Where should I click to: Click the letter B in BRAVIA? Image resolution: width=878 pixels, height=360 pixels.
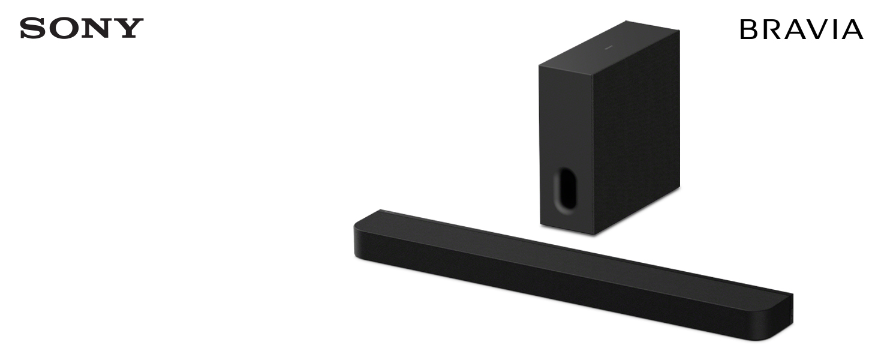(x=748, y=29)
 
